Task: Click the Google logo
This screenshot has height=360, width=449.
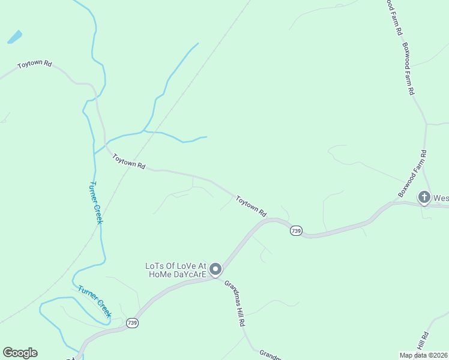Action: (20, 353)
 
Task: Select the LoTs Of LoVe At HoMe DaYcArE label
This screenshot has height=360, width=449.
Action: (176, 270)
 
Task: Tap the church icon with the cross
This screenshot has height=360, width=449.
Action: (424, 197)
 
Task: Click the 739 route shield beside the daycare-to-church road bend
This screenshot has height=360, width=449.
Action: (295, 231)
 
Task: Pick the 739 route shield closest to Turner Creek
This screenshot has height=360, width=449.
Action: (133, 323)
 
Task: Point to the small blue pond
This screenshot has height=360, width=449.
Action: (14, 37)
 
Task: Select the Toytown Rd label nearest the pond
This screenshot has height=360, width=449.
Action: (35, 64)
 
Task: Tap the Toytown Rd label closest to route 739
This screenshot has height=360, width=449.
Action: (251, 205)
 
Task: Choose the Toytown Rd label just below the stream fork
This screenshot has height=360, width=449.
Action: (128, 161)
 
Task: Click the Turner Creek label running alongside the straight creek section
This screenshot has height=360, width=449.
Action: (96, 202)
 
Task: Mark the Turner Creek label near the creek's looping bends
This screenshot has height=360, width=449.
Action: (95, 301)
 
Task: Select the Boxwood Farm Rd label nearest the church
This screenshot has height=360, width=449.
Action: (412, 174)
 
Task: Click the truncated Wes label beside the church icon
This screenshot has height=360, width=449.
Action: (441, 197)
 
